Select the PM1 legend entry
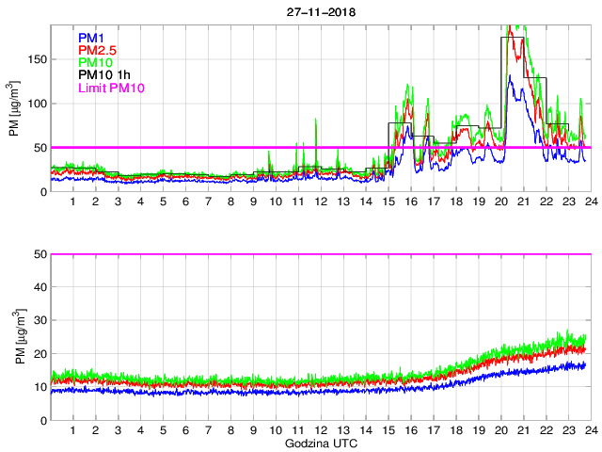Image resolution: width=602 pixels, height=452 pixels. [90, 38]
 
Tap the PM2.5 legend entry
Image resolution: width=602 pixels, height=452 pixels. [96, 50]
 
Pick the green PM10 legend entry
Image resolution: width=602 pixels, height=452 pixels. [94, 63]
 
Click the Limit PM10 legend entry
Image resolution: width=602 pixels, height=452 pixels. [112, 89]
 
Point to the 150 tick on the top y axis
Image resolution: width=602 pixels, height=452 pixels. [39, 59]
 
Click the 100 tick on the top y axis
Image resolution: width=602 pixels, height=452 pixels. [39, 104]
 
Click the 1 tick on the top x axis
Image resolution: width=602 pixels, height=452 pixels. [72, 202]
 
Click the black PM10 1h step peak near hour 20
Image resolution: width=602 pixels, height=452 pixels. [512, 37]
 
